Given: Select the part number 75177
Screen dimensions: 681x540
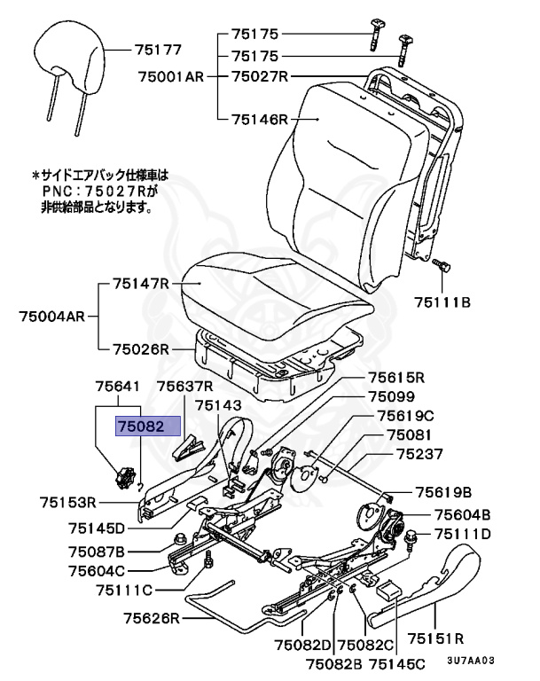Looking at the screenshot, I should point(159,51).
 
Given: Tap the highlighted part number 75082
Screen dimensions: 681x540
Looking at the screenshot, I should point(141,427).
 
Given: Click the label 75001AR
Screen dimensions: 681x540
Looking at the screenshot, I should point(170,77).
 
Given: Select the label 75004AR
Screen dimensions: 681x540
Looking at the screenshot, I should point(51,315).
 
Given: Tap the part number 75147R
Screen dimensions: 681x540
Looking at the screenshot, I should point(140,285).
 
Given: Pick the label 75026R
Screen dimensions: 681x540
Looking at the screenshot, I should point(140,348).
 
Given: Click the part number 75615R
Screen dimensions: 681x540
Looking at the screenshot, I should point(397,376).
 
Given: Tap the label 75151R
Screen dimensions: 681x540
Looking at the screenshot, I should point(435,638).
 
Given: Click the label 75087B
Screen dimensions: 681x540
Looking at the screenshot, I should point(97,552).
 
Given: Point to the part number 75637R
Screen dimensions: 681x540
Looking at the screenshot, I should point(185,387).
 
